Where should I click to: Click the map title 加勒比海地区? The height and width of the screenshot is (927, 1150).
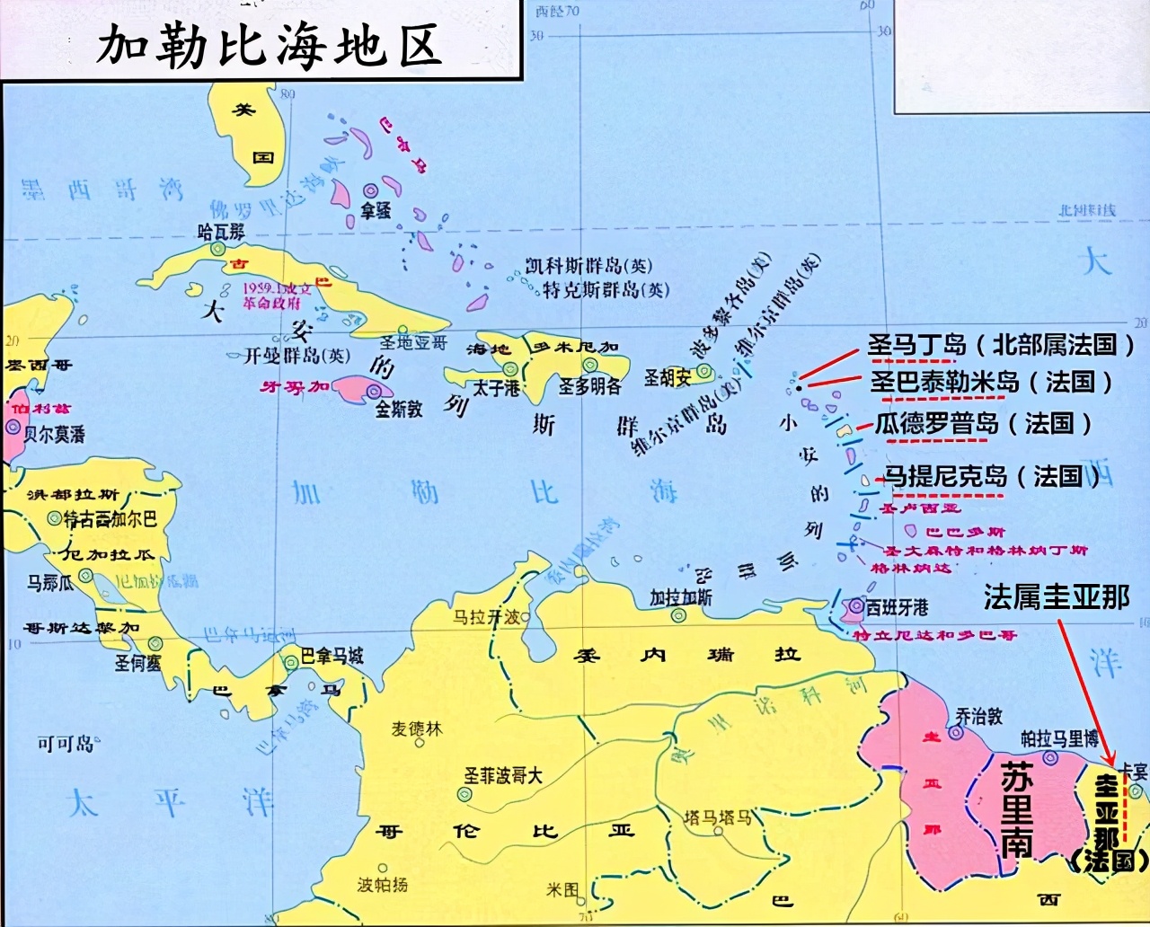tap(270, 44)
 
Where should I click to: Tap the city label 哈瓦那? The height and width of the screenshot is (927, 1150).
tap(220, 232)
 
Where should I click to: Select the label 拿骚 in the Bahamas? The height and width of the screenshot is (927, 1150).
tap(376, 211)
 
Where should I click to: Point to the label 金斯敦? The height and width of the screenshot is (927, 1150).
tap(399, 409)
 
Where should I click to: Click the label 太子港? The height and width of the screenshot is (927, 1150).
tap(497, 388)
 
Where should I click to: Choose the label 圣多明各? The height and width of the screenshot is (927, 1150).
tap(589, 386)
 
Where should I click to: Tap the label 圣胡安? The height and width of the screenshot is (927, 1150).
tap(667, 378)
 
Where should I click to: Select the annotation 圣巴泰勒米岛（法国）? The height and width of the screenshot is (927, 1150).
tap(991, 382)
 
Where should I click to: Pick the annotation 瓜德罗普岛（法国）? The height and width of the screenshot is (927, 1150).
tap(983, 423)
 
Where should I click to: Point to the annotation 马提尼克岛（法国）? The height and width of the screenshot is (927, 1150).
tap(992, 475)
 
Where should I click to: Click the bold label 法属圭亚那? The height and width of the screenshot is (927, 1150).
tap(1056, 597)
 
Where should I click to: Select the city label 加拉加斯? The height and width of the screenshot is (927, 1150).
tap(681, 597)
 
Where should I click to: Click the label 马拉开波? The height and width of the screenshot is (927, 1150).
tap(486, 617)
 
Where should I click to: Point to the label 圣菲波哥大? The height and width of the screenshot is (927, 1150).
tap(503, 775)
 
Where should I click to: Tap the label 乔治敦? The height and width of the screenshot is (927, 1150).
tap(978, 716)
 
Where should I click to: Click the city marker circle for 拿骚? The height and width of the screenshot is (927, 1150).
tap(370, 190)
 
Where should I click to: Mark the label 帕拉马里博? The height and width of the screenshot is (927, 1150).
tap(1059, 738)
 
